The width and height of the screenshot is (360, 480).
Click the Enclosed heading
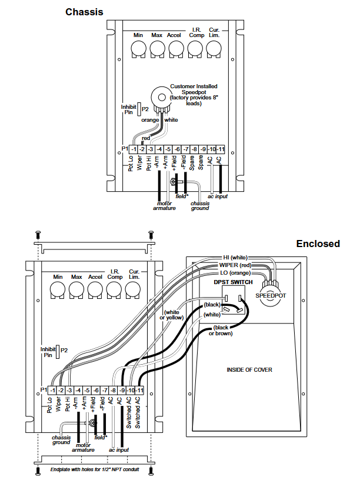tap(318, 244)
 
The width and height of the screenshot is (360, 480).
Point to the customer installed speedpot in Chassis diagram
tap(159, 98)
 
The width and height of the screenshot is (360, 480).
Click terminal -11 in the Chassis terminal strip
tap(221, 149)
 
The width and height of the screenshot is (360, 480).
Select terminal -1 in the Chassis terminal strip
tap(134, 149)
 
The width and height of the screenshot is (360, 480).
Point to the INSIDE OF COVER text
tap(249, 369)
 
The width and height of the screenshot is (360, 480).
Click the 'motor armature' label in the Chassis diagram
tap(164, 205)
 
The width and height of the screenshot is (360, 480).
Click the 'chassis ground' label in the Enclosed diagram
tap(61, 440)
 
